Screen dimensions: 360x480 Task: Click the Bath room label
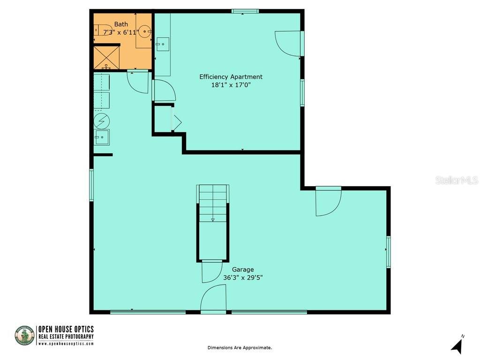click(121, 24)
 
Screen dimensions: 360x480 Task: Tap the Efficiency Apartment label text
click(231, 77)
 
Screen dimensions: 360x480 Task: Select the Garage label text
click(243, 270)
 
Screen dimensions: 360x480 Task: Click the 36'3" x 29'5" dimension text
click(243, 277)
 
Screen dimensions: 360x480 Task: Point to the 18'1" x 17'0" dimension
click(231, 85)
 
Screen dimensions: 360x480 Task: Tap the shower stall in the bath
click(107, 57)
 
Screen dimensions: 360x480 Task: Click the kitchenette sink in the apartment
click(162, 45)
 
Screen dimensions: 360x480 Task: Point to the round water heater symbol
click(101, 121)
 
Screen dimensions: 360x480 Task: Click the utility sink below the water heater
click(101, 137)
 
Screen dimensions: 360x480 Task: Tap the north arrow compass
click(457, 345)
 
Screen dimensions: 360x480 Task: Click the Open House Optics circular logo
click(24, 336)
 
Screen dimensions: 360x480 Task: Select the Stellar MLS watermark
click(456, 180)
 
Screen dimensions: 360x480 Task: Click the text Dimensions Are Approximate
click(240, 348)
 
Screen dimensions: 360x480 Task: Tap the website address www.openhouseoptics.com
click(66, 344)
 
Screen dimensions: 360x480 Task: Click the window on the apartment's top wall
click(245, 11)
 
